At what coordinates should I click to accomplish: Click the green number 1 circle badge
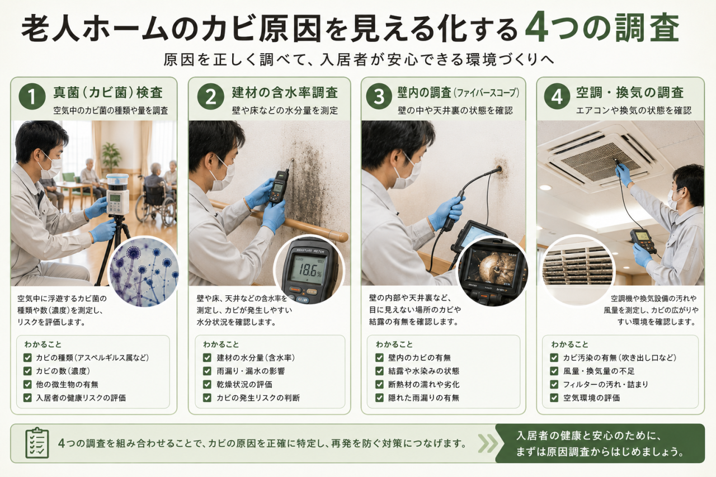coord(32,96)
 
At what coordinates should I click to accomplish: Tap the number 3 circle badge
coord(379,96)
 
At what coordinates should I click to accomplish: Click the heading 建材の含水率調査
coord(285,93)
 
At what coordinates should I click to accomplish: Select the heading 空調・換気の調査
coord(630,93)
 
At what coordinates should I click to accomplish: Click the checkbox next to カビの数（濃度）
coord(27,371)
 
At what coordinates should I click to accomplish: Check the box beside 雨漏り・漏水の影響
coord(207,371)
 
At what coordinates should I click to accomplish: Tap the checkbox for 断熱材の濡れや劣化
coord(379,384)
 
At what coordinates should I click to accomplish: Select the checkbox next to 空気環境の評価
coord(554,398)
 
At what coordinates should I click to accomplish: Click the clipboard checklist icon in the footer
coord(37,443)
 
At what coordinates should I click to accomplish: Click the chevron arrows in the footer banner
coord(488,443)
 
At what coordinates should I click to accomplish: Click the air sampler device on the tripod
coord(117,195)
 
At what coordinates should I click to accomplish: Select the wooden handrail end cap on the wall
coord(343,237)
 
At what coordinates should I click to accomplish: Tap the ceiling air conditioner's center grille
coord(601,162)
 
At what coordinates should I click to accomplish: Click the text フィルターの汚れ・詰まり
coord(605,384)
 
